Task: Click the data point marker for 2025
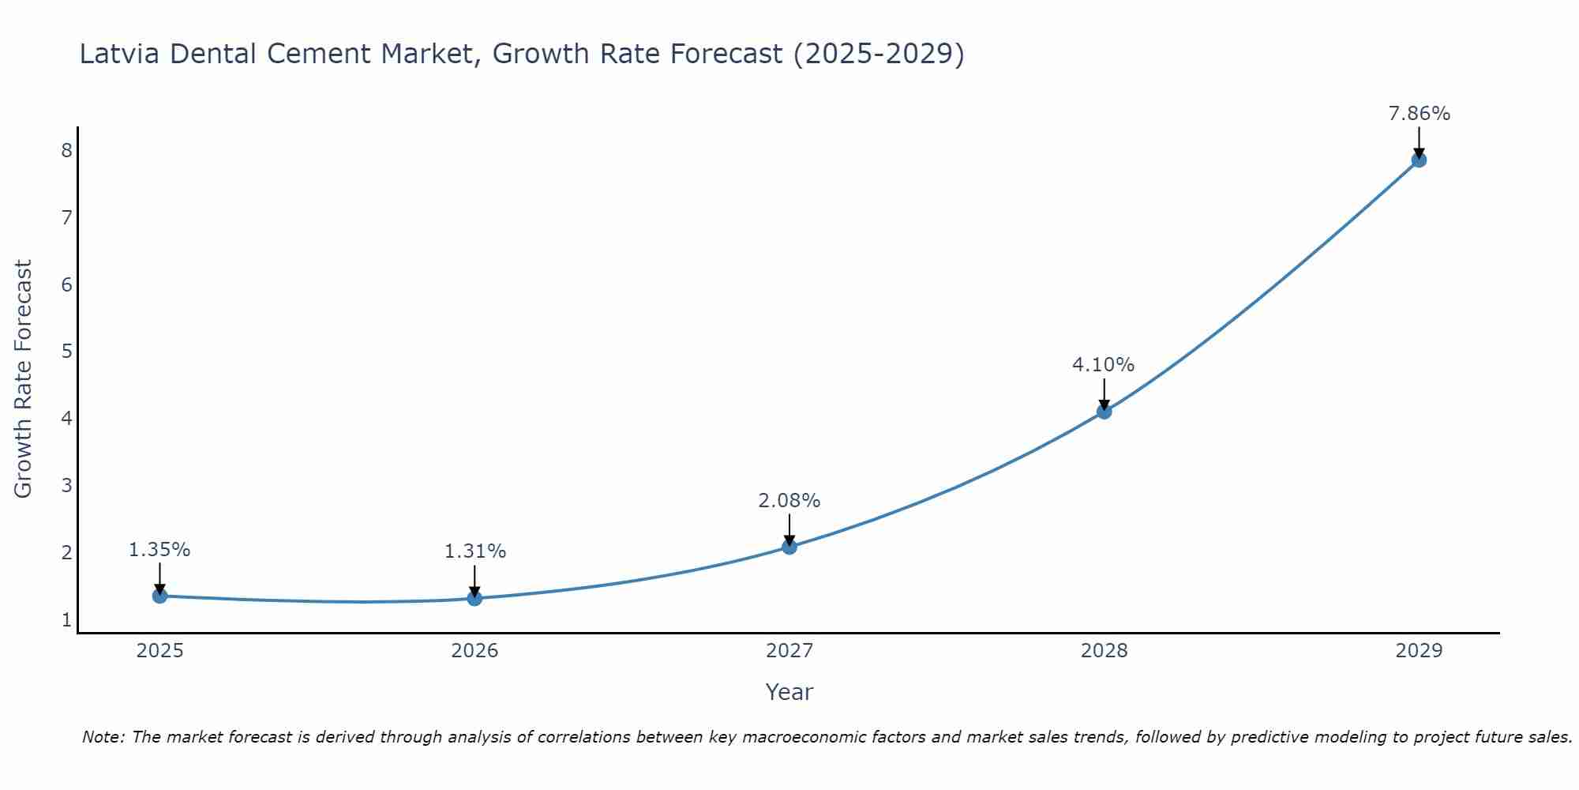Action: coord(159,596)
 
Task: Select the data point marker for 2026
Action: coord(474,598)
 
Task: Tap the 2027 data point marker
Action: coord(789,547)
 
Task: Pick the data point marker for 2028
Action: coord(1104,411)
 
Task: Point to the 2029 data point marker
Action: coord(1419,160)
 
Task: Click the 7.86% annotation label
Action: coord(1419,114)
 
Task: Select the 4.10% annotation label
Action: coord(1103,365)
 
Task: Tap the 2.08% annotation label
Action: coord(789,501)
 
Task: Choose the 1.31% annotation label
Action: coord(474,551)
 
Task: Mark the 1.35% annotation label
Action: coord(159,550)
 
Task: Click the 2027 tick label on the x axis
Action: coord(789,651)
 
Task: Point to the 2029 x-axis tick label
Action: coord(1419,651)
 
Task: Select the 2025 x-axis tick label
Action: coord(159,651)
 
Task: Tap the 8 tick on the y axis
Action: coord(66,150)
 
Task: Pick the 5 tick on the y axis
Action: coord(66,351)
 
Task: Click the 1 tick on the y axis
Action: coord(66,619)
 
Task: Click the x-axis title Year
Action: coord(789,692)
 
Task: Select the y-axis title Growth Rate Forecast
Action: coord(24,379)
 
